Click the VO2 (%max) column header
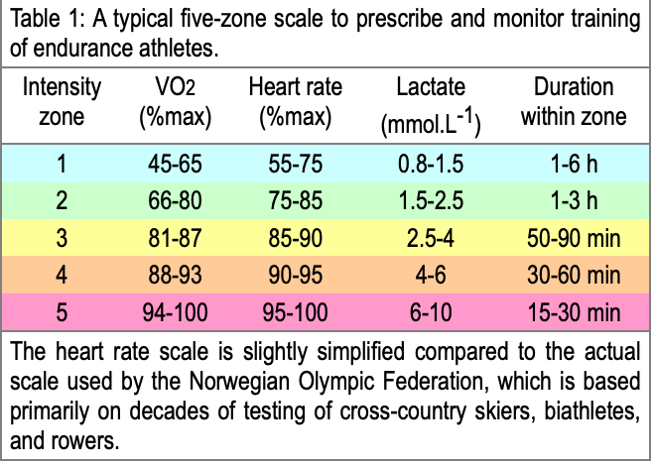[176, 103]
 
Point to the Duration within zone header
[574, 103]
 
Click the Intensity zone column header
[62, 103]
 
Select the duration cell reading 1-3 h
[574, 201]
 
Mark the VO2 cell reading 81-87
[176, 239]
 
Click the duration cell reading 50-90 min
[574, 239]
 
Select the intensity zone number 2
[62, 201]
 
